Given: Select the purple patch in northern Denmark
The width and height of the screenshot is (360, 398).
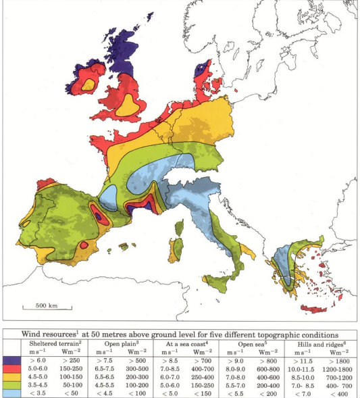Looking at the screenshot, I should [201, 69].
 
